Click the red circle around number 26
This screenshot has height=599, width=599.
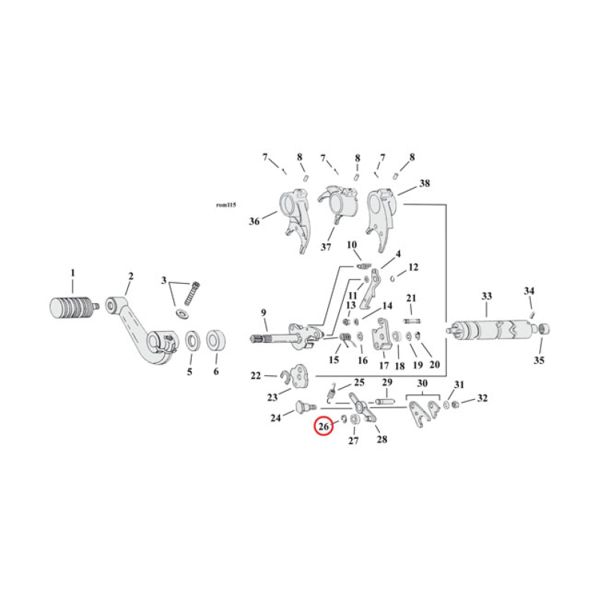pyautogui.click(x=324, y=428)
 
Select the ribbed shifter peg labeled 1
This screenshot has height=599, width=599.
pyautogui.click(x=72, y=308)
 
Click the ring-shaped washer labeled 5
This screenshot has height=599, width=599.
pyautogui.click(x=190, y=341)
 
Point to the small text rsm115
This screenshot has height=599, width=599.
pyautogui.click(x=225, y=204)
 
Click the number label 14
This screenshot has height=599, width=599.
pyautogui.click(x=387, y=306)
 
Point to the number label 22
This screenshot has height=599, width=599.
pyautogui.click(x=255, y=376)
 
